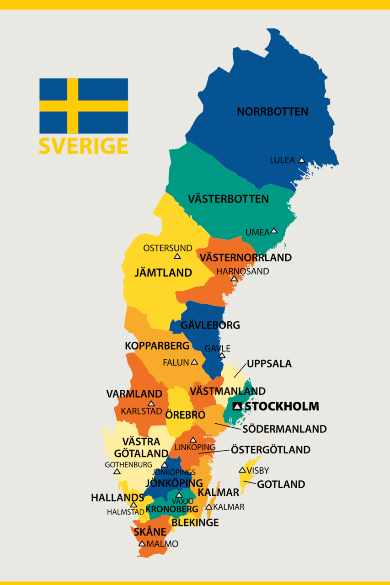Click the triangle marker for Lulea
pyautogui.click(x=301, y=160)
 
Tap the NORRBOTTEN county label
pyautogui.click(x=272, y=112)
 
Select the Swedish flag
pyautogui.click(x=84, y=106)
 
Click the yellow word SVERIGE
pyautogui.click(x=83, y=146)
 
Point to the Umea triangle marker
pyautogui.click(x=274, y=231)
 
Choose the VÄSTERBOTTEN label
pyautogui.click(x=228, y=199)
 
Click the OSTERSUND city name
pyautogui.click(x=168, y=248)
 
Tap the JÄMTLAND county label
pyautogui.click(x=163, y=273)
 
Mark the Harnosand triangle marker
pyautogui.click(x=234, y=279)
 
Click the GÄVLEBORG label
pyautogui.click(x=210, y=325)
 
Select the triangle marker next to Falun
pyautogui.click(x=194, y=362)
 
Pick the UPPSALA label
pyautogui.click(x=269, y=364)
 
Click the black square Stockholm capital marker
pyautogui.click(x=237, y=406)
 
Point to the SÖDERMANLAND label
pyautogui.click(x=284, y=429)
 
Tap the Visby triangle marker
pyautogui.click(x=242, y=470)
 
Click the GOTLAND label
pyautogui.click(x=281, y=484)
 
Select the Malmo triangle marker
pyautogui.click(x=142, y=544)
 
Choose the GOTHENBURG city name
pyautogui.click(x=128, y=465)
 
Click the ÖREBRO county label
pyautogui.click(x=185, y=415)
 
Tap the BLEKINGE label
pyautogui.click(x=195, y=522)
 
